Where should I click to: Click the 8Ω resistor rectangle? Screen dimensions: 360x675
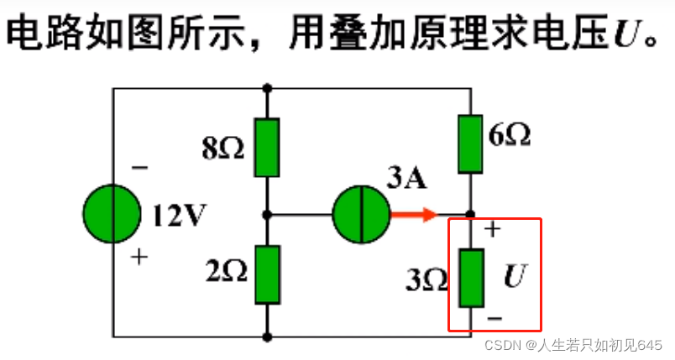coord(267,148)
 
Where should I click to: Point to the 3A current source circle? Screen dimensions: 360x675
coord(360,215)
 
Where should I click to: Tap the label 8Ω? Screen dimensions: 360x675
coord(222,149)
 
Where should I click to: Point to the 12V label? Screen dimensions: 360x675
coord(179,217)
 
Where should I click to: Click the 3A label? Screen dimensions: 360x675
coord(407,179)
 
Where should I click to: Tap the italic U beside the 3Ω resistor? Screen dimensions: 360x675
coord(514,277)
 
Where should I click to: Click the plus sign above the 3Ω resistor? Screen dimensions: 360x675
coord(493,229)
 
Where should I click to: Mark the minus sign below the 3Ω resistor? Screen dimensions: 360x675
coord(494,318)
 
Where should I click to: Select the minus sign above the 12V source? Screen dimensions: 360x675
coord(139,168)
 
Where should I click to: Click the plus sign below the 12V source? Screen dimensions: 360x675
coord(139,258)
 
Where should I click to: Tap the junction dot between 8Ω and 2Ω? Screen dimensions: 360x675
coord(267,215)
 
